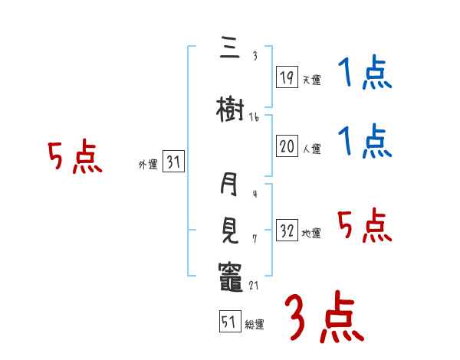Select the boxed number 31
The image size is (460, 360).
(x=173, y=162)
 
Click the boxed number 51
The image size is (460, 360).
(x=228, y=322)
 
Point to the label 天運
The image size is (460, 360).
(x=312, y=79)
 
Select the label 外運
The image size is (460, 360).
(x=148, y=165)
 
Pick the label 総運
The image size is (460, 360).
(x=254, y=325)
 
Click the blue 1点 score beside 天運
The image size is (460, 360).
(x=365, y=75)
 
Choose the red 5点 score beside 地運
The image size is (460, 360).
(x=365, y=226)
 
